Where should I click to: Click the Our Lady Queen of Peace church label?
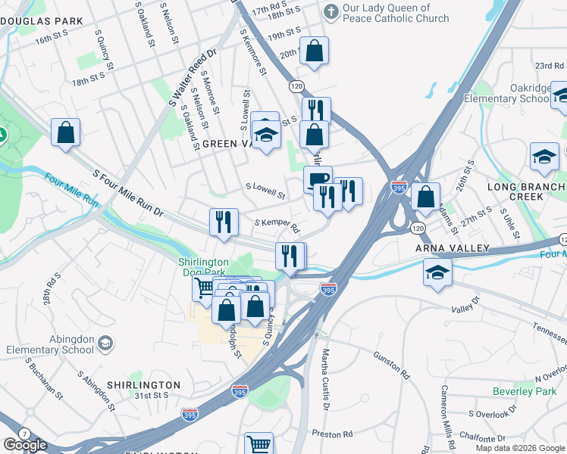coord(396,13)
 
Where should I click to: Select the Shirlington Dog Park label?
coord(204,268)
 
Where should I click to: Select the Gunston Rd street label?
coord(392,363)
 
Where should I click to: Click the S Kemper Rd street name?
coord(277,225)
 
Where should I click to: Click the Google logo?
coord(25,445)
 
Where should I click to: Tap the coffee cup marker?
coord(318,179)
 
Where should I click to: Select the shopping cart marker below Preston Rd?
coord(258,445)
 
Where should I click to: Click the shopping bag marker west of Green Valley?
coord(66,132)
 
